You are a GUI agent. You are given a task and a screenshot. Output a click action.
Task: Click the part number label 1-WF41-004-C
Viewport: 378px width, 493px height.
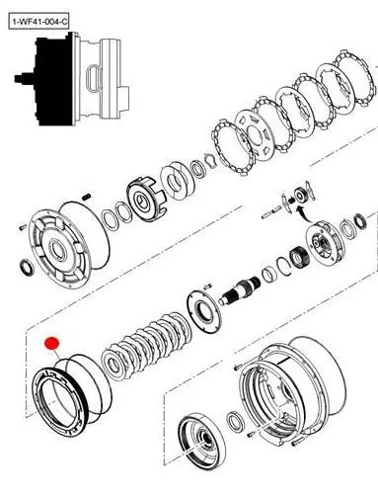[38, 22]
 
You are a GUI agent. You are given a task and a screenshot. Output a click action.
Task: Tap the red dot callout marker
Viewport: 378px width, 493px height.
[52, 343]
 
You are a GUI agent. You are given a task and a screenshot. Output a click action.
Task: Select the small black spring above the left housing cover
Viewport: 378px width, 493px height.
[86, 197]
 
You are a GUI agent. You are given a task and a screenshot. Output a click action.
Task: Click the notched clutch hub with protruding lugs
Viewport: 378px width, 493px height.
[145, 199]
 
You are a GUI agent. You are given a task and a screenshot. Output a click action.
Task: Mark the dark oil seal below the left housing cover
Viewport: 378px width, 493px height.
[27, 268]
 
